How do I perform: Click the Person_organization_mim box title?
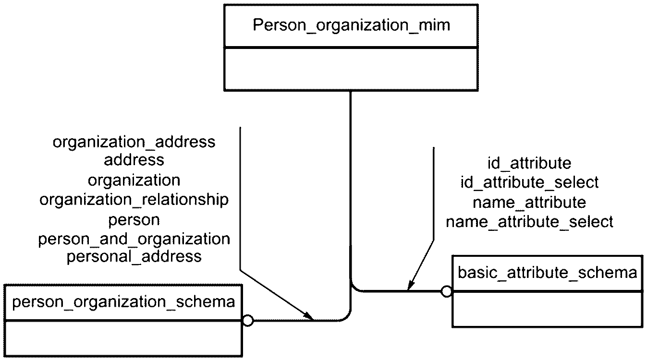click(352, 25)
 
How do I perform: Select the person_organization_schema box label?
click(123, 302)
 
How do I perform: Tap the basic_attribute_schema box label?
click(548, 273)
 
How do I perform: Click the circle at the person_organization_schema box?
click(247, 321)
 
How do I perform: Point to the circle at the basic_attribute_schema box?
click(447, 291)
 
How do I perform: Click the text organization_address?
click(134, 142)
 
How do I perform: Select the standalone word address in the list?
click(134, 160)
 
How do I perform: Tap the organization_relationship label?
click(134, 200)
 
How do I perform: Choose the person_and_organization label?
click(134, 240)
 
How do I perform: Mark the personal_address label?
click(134, 257)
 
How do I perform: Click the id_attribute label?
click(529, 163)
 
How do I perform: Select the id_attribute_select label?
click(529, 182)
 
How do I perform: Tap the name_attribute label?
click(529, 203)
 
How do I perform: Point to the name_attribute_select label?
click(529, 222)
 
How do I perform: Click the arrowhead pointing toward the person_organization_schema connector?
click(309, 316)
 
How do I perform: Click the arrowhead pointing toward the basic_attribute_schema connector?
click(411, 285)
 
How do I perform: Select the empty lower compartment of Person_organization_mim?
click(351, 69)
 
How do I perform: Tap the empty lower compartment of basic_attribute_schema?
click(548, 309)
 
